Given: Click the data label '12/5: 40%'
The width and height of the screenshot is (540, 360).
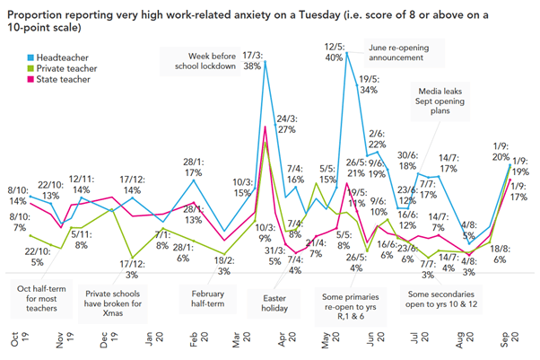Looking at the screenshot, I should (x=335, y=51).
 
